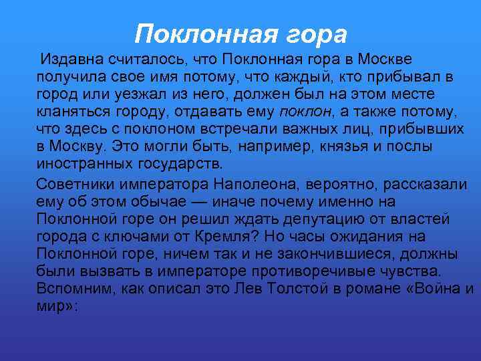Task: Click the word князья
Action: coord(310,146)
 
